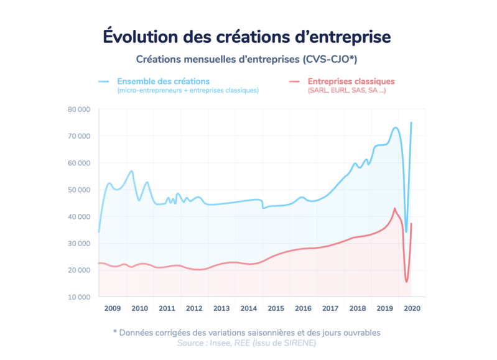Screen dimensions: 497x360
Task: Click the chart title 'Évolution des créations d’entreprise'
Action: pyautogui.click(x=246, y=37)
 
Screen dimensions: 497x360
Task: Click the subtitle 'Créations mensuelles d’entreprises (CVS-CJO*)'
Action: pyautogui.click(x=246, y=59)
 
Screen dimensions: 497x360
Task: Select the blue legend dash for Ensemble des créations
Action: pyautogui.click(x=104, y=81)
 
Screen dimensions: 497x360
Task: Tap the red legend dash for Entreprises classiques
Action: pyautogui.click(x=294, y=81)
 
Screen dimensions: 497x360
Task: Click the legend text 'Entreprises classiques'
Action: pyautogui.click(x=351, y=81)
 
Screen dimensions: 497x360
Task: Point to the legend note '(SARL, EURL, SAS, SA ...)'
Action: pyautogui.click(x=346, y=90)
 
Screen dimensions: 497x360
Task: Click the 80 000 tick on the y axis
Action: pyautogui.click(x=79, y=109)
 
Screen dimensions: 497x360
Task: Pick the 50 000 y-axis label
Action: pyautogui.click(x=79, y=190)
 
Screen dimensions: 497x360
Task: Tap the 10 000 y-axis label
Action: pyautogui.click(x=79, y=297)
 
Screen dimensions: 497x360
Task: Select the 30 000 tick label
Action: pyautogui.click(x=79, y=243)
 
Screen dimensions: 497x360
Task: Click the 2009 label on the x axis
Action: pyautogui.click(x=113, y=308)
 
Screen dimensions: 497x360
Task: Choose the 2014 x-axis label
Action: pyautogui.click(x=249, y=308)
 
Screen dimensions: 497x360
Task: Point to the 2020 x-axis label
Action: pyautogui.click(x=412, y=308)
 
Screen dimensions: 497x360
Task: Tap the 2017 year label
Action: pyautogui.click(x=330, y=308)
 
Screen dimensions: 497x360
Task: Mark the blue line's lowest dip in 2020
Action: pyautogui.click(x=406, y=232)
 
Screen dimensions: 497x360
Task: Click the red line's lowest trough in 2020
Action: pyautogui.click(x=407, y=282)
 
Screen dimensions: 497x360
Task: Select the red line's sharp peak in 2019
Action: pyautogui.click(x=394, y=208)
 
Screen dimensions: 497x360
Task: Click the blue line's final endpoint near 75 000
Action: pyautogui.click(x=411, y=122)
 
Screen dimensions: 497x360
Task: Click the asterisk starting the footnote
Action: pyautogui.click(x=115, y=332)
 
